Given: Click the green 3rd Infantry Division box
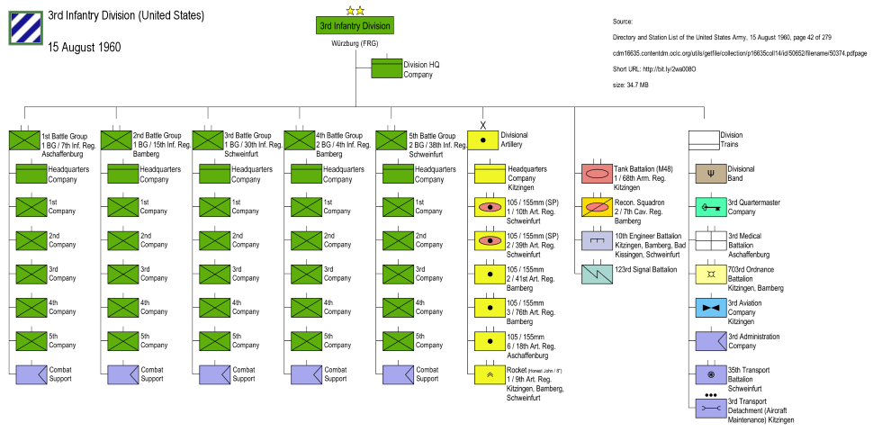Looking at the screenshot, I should pyautogui.click(x=354, y=26).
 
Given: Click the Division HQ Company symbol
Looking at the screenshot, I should pyautogui.click(x=387, y=69).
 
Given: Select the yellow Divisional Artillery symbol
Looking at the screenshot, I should pyautogui.click(x=482, y=140).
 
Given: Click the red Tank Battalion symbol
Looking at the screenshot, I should pyautogui.click(x=597, y=174).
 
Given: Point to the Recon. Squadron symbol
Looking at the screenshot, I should pyautogui.click(x=597, y=207).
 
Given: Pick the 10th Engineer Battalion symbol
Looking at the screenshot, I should pyautogui.click(x=597, y=240).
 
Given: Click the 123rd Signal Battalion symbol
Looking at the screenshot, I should pyautogui.click(x=597, y=274).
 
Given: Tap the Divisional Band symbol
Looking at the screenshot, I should pyautogui.click(x=711, y=174).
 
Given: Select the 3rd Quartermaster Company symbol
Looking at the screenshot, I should pyautogui.click(x=711, y=207).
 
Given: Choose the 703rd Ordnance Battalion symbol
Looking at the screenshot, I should pyautogui.click(x=711, y=274).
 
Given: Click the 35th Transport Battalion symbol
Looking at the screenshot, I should pyautogui.click(x=711, y=373).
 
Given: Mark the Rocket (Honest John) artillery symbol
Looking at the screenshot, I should pyautogui.click(x=490, y=373).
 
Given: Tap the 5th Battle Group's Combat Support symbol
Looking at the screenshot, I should pyautogui.click(x=398, y=373).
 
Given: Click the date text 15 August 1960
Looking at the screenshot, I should pyautogui.click(x=84, y=47).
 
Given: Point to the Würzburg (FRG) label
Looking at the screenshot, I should pyautogui.click(x=354, y=43).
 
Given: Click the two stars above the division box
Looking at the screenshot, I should pyautogui.click(x=354, y=10).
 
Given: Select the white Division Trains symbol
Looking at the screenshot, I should pyautogui.click(x=704, y=140).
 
